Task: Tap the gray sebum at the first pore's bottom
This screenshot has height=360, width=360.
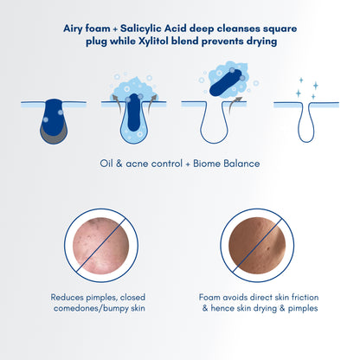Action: tap(54, 136)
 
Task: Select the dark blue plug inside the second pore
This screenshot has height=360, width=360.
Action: tap(134, 112)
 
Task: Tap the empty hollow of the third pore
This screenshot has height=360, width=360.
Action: tap(214, 124)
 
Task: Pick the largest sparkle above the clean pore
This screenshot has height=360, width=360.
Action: tap(316, 86)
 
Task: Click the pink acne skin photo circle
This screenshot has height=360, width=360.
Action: tap(101, 246)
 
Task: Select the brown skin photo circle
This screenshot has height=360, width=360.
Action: tap(257, 246)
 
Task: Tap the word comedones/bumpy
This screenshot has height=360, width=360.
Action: tap(91, 308)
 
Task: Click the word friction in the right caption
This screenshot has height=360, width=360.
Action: tap(305, 297)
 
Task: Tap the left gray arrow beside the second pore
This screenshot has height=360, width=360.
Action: tap(115, 102)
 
